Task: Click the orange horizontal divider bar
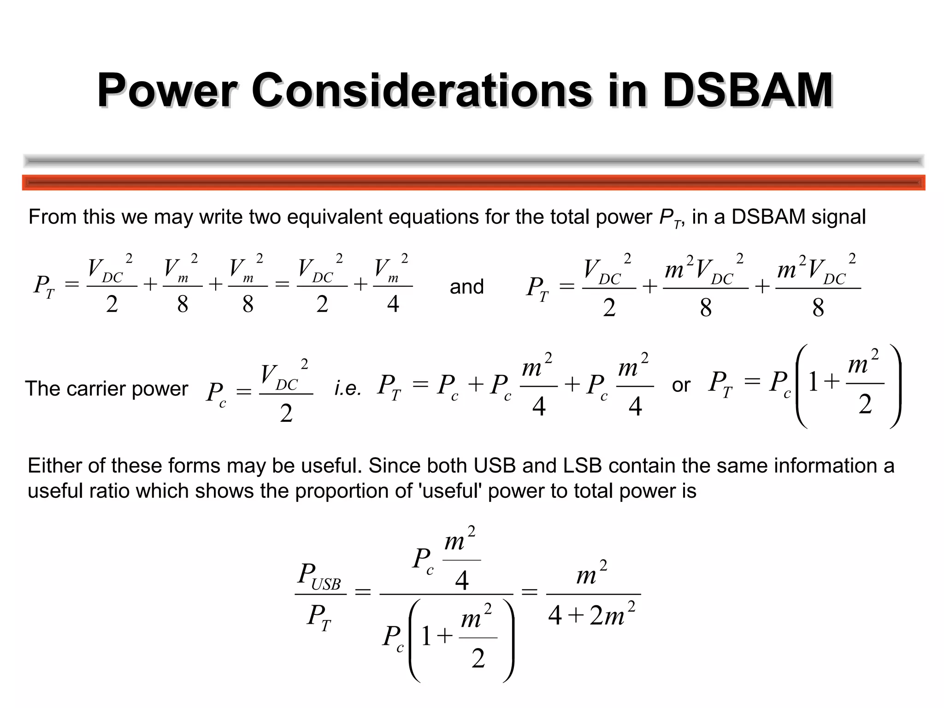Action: click(x=473, y=183)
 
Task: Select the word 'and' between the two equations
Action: click(x=466, y=287)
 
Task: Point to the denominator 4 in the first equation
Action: click(x=393, y=304)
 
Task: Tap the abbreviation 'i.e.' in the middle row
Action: click(x=348, y=389)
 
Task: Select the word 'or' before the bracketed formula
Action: click(x=681, y=385)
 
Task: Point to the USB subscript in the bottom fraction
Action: click(x=326, y=584)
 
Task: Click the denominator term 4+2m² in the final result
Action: click(x=592, y=616)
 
